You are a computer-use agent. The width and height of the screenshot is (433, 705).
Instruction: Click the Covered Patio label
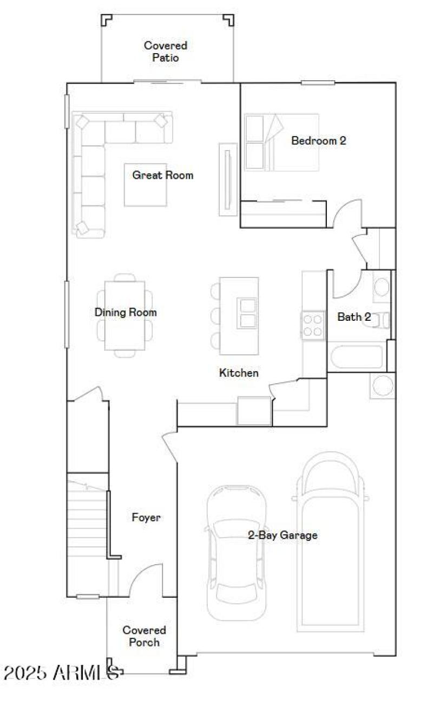pyautogui.click(x=165, y=51)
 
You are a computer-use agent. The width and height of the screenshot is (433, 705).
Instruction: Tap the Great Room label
pyautogui.click(x=162, y=176)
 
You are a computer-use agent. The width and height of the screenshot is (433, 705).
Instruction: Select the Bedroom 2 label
pyautogui.click(x=318, y=141)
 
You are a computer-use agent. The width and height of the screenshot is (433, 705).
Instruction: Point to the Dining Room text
pyautogui.click(x=126, y=313)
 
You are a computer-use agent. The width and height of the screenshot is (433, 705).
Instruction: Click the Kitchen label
pyautogui.click(x=239, y=373)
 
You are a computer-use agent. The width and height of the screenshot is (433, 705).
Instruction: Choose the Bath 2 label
pyautogui.click(x=354, y=317)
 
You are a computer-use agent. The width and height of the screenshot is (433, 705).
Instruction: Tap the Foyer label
pyautogui.click(x=146, y=518)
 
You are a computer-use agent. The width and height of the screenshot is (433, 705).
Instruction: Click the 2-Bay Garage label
pyautogui.click(x=283, y=535)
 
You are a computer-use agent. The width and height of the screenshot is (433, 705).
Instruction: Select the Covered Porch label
pyautogui.click(x=144, y=636)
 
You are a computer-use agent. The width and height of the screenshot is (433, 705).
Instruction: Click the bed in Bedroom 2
pyautogui.click(x=281, y=142)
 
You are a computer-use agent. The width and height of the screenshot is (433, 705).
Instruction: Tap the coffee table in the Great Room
pyautogui.click(x=145, y=185)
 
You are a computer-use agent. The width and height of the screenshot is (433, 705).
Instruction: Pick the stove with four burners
pyautogui.click(x=313, y=325)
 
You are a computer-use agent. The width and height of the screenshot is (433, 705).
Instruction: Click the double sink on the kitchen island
pyautogui.click(x=247, y=313)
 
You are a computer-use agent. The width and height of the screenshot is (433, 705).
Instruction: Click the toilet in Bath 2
pyautogui.click(x=382, y=320)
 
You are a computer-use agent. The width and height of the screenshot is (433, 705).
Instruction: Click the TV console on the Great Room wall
pyautogui.click(x=228, y=179)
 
